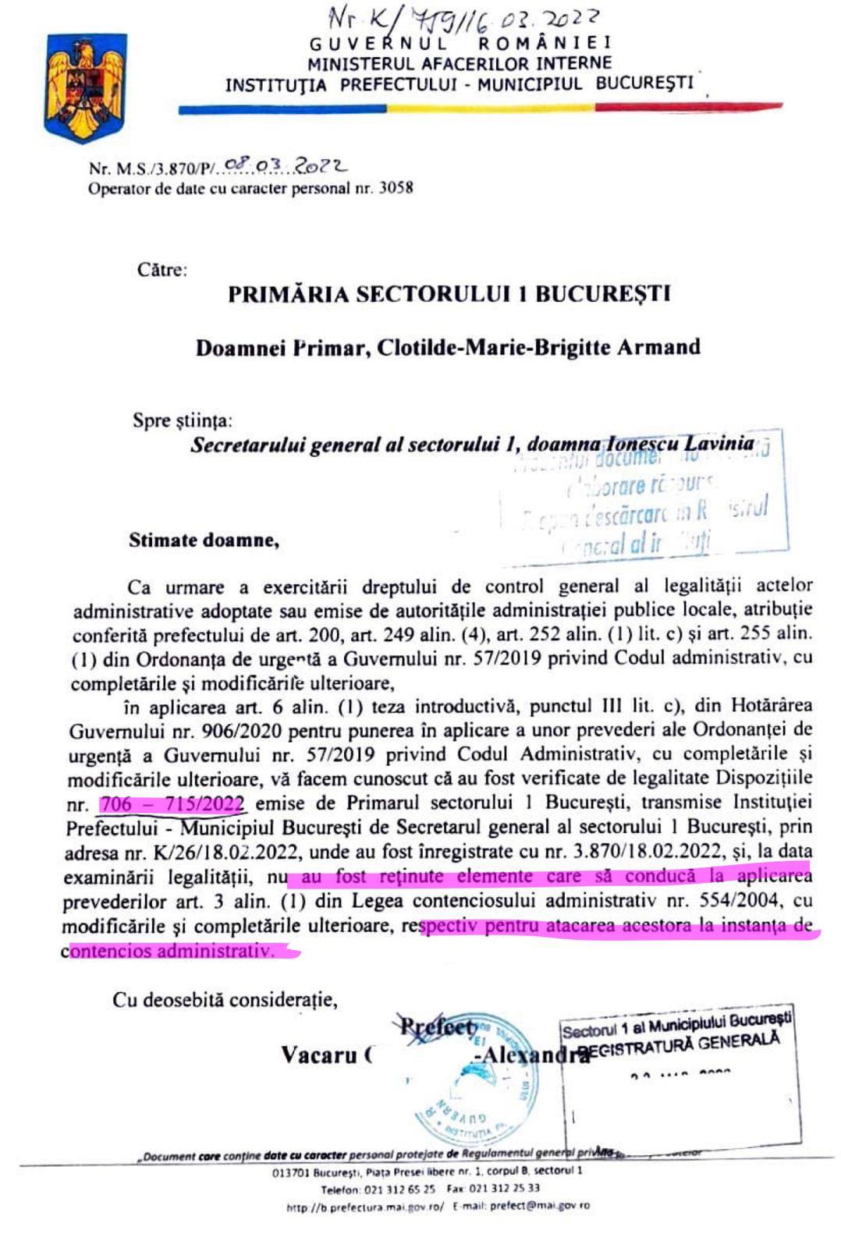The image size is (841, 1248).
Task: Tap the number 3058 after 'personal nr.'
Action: (x=396, y=188)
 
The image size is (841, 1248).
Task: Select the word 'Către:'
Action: (x=162, y=270)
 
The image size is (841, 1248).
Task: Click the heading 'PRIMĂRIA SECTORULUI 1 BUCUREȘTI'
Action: (x=449, y=295)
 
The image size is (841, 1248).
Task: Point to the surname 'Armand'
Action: (x=658, y=346)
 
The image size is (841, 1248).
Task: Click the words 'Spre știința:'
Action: (x=182, y=420)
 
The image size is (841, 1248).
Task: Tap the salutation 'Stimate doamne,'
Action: (x=204, y=540)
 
